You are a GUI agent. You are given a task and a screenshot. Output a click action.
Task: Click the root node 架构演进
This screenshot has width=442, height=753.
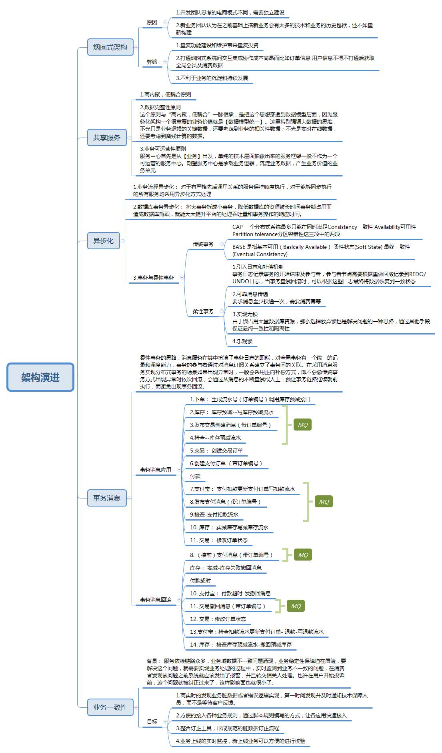(40, 377)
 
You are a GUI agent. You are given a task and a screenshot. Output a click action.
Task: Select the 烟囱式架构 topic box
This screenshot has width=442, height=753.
(110, 47)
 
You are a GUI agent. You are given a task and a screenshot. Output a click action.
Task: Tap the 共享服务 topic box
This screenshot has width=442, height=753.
(107, 138)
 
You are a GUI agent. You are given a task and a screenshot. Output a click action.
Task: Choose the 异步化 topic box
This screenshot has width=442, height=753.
(104, 241)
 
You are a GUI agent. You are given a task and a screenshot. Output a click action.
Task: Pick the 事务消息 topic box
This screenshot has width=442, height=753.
(107, 498)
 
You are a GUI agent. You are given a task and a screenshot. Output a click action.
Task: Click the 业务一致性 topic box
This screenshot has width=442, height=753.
(110, 707)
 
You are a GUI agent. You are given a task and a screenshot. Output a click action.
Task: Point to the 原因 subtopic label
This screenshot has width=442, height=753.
(152, 22)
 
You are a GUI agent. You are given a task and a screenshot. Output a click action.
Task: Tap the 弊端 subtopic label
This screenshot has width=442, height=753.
(152, 62)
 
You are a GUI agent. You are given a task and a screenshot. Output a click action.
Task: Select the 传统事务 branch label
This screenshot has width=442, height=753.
(203, 244)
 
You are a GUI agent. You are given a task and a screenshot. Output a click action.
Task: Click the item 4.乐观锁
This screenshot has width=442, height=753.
(242, 341)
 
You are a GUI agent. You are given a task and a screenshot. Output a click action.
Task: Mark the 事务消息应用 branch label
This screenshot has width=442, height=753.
(156, 470)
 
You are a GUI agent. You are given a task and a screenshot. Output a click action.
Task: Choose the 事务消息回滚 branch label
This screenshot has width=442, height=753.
(156, 600)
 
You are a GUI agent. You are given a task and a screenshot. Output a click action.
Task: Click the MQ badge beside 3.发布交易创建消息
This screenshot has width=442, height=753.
(303, 425)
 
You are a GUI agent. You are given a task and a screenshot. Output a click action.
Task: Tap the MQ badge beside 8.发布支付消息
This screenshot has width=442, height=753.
(324, 502)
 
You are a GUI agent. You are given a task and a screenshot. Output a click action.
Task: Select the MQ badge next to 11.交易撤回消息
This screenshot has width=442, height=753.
(296, 606)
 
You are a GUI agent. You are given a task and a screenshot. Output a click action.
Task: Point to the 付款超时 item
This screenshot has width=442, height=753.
(200, 581)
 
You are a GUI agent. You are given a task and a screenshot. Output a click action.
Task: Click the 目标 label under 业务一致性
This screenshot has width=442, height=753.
(152, 722)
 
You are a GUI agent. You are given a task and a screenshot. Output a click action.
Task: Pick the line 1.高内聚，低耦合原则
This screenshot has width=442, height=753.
(165, 94)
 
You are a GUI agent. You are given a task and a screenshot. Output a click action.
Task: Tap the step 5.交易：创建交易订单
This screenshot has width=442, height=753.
(216, 451)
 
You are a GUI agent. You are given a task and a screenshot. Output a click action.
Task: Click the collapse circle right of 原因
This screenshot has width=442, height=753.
(165, 22)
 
